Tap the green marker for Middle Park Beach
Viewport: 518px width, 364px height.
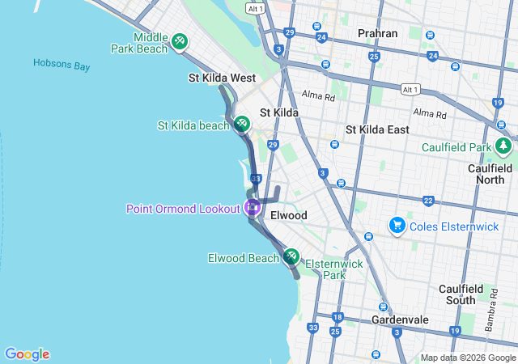point(180,41)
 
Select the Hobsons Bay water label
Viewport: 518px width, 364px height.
point(62,65)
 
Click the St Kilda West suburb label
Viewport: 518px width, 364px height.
point(222,78)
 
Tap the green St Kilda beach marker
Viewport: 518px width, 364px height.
point(241,123)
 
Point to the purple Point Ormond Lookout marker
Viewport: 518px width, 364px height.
point(252,207)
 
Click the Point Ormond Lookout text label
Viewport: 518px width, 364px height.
point(183,209)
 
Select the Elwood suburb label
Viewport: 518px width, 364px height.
point(289,215)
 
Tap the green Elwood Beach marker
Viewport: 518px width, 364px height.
point(291,256)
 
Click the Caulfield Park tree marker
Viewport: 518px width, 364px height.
point(503,146)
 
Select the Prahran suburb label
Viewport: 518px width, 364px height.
point(377,33)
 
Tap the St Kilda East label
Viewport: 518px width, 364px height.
point(377,129)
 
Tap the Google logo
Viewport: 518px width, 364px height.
point(27,353)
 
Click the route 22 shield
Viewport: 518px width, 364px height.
point(428,200)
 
